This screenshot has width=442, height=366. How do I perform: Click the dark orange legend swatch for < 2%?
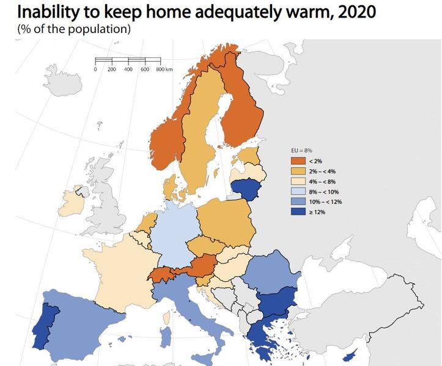(298, 160)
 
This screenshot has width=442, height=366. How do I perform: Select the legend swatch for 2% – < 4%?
(298, 171)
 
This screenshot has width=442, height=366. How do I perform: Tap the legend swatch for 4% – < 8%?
(298, 181)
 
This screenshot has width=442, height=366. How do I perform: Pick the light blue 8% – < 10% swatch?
(298, 192)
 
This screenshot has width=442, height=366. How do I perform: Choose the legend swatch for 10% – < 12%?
(298, 202)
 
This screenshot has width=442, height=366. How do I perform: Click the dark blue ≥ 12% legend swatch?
(298, 212)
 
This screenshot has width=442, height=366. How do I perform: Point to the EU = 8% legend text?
(300, 149)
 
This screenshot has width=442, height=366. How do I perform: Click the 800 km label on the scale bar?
(164, 70)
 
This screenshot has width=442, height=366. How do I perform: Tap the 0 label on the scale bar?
(96, 70)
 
